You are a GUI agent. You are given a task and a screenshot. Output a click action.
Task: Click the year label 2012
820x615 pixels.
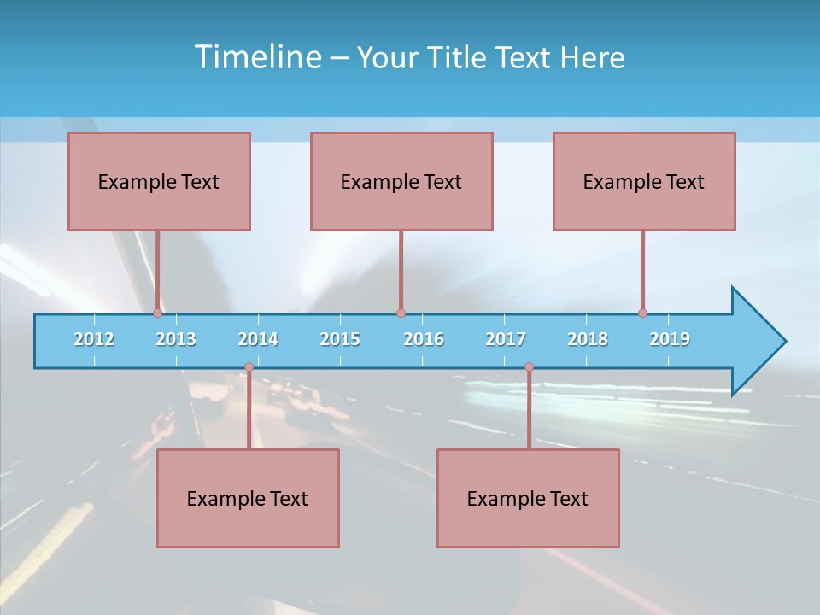(x=94, y=339)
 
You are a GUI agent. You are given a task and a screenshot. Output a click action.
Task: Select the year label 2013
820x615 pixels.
(x=176, y=339)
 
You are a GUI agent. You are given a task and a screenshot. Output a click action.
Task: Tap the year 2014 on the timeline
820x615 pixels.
(x=258, y=339)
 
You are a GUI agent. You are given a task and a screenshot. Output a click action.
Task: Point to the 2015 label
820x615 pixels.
(x=340, y=339)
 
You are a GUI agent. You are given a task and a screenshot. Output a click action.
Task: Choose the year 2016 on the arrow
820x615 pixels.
(x=424, y=339)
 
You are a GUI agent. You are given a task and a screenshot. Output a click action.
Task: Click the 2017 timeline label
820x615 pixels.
(x=506, y=339)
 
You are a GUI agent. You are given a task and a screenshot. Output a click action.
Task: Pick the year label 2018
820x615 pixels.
(x=588, y=339)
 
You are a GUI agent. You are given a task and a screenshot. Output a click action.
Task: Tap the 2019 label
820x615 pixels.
(x=670, y=339)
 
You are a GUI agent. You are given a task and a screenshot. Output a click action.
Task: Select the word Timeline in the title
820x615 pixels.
(x=257, y=57)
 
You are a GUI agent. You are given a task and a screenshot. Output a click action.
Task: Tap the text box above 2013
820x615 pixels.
(x=159, y=181)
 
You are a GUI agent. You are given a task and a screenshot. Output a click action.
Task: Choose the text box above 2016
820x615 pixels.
(x=401, y=181)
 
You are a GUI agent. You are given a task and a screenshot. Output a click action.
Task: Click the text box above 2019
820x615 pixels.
(x=644, y=181)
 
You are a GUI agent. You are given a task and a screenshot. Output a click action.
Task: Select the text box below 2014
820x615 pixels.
(x=248, y=498)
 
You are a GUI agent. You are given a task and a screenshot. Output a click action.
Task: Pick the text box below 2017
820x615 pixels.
(x=528, y=498)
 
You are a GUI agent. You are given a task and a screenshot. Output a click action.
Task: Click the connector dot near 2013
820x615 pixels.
(x=158, y=313)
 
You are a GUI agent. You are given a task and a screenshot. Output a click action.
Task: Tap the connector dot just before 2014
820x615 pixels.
(x=249, y=367)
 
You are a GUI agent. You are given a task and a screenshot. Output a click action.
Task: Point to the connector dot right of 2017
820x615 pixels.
(x=529, y=367)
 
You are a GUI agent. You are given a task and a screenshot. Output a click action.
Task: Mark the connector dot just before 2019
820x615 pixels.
(x=643, y=313)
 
